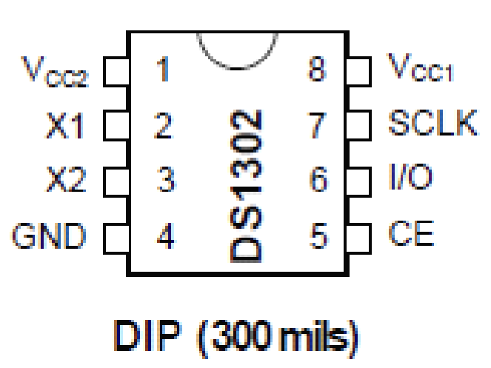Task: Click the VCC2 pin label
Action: [54, 72]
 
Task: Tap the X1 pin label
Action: [64, 127]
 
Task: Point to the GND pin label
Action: [49, 237]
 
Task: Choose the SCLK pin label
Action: [432, 124]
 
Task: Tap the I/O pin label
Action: [410, 178]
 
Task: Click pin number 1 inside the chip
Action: [164, 71]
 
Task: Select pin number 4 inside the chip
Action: [165, 237]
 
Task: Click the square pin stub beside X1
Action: [115, 127]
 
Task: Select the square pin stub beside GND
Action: [115, 237]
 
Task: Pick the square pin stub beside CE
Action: [359, 236]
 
